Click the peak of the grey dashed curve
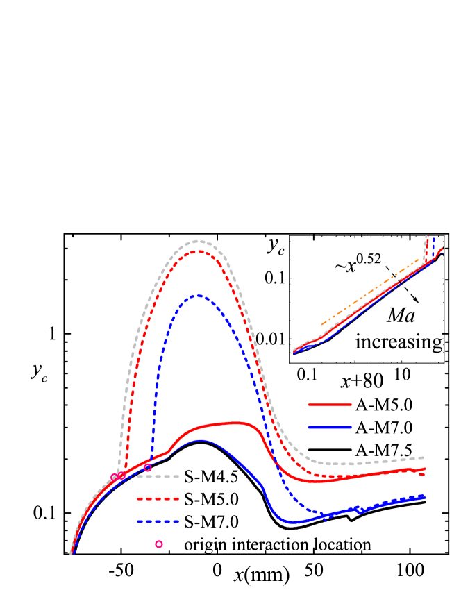point(199,241)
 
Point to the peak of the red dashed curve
point(199,251)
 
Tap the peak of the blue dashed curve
point(199,295)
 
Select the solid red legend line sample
point(330,404)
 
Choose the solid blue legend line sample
point(330,427)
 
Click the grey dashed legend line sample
point(158,476)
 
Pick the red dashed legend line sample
point(158,498)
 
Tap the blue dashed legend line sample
point(158,521)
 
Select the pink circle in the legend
point(159,544)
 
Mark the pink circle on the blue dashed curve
point(148,468)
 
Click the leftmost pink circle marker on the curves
point(115,477)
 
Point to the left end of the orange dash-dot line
point(321,324)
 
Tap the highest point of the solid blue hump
point(201,440)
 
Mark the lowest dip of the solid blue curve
point(294,522)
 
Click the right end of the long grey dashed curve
point(424,457)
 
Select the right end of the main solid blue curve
point(425,496)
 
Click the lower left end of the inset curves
point(294,352)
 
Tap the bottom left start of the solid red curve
point(71,553)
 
